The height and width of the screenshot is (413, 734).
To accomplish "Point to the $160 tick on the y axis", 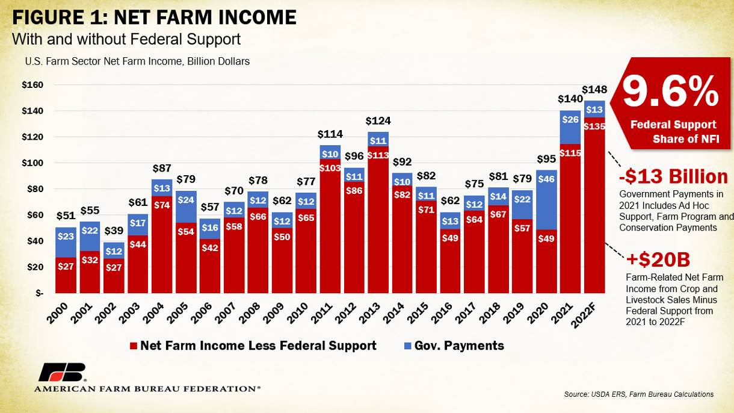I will (x=32, y=85).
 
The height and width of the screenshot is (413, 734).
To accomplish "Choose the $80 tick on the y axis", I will (x=34, y=189).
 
